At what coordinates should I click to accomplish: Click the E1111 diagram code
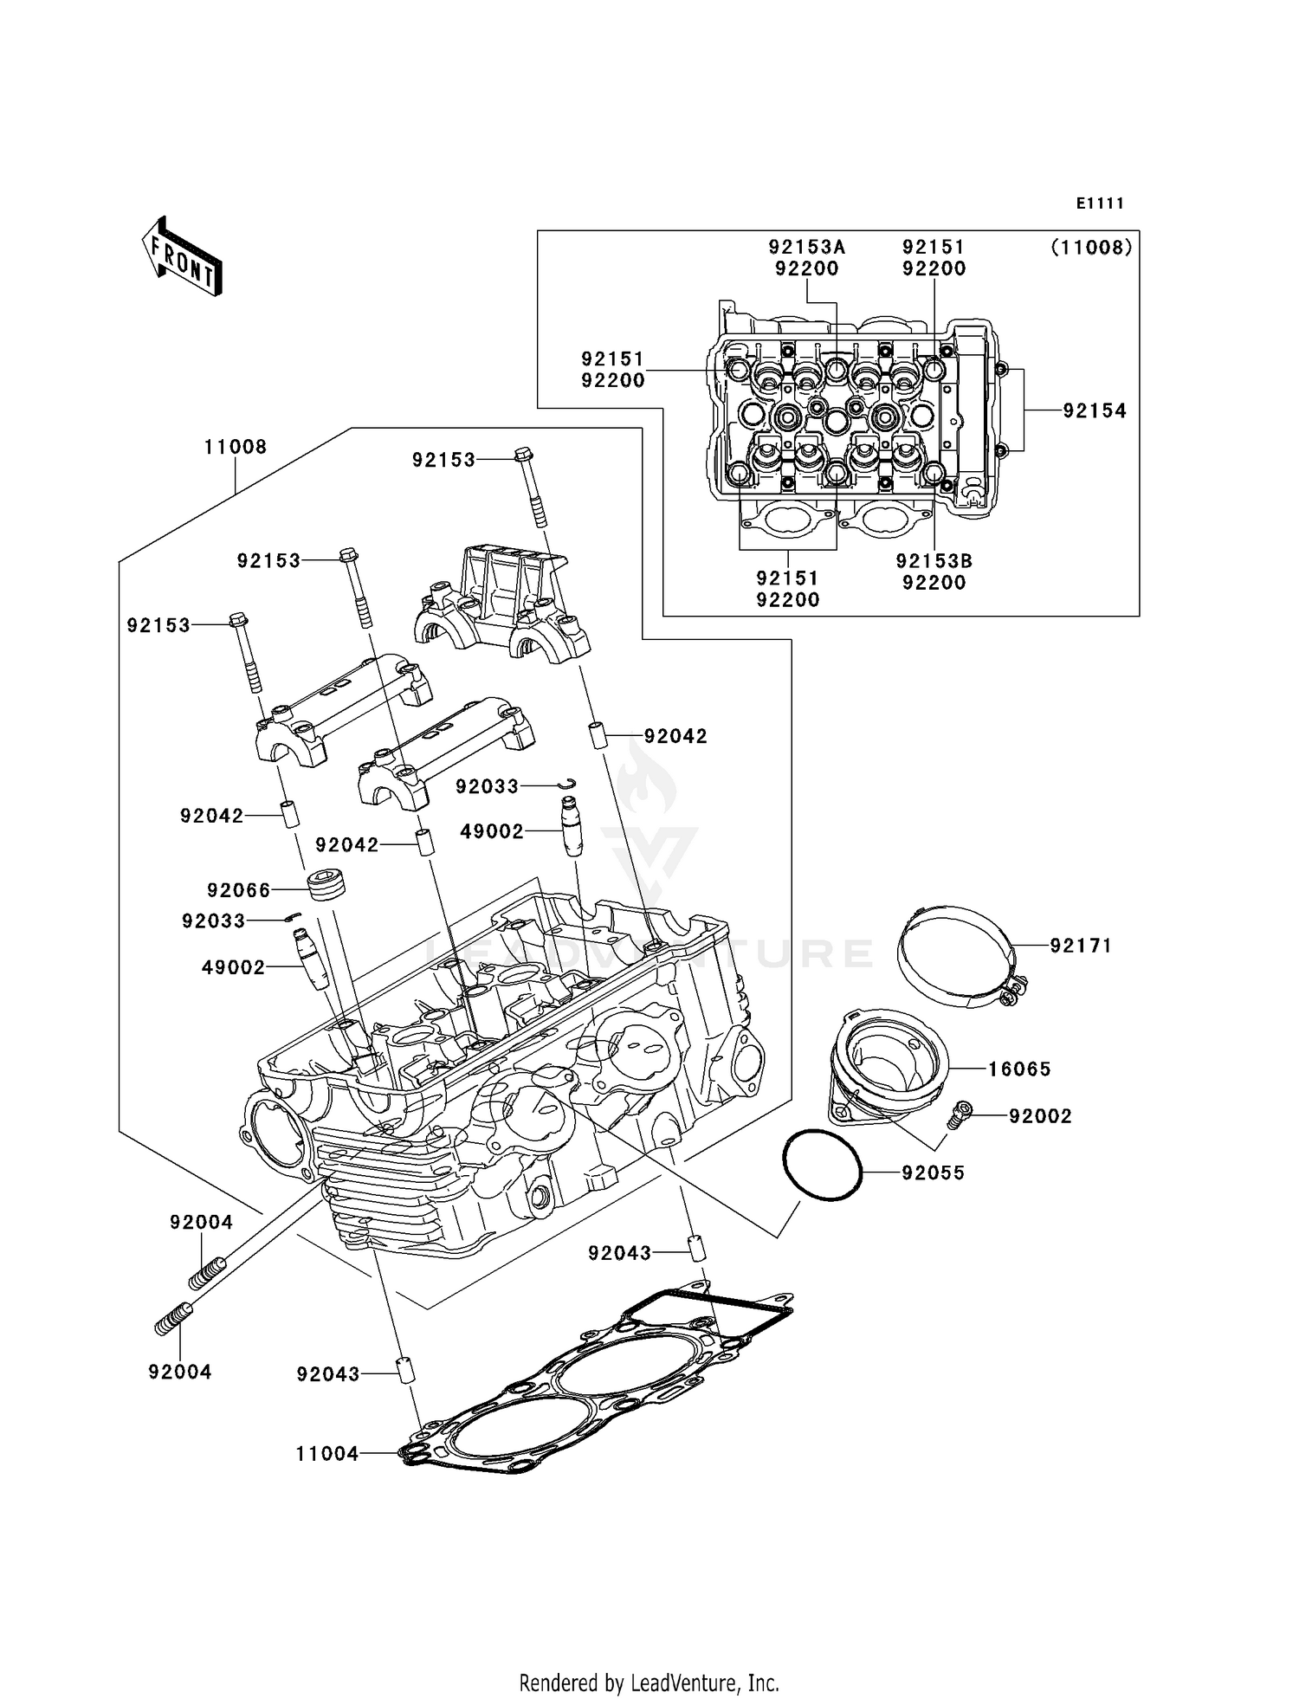tap(1100, 203)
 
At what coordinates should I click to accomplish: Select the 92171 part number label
tap(1081, 946)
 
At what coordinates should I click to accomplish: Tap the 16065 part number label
tap(1019, 1069)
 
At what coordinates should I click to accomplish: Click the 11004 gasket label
tap(327, 1454)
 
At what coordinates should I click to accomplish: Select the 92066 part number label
tap(239, 890)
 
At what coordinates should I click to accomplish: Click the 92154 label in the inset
tap(1095, 411)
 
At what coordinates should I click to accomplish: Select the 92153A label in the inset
tap(806, 247)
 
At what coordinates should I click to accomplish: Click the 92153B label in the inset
tap(934, 561)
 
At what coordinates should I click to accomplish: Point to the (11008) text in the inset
tap(1091, 248)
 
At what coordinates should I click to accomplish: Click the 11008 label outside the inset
tap(236, 447)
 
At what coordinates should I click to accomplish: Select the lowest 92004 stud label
tap(180, 1372)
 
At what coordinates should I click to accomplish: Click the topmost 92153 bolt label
tap(443, 461)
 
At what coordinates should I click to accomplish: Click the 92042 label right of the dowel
tap(675, 736)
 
